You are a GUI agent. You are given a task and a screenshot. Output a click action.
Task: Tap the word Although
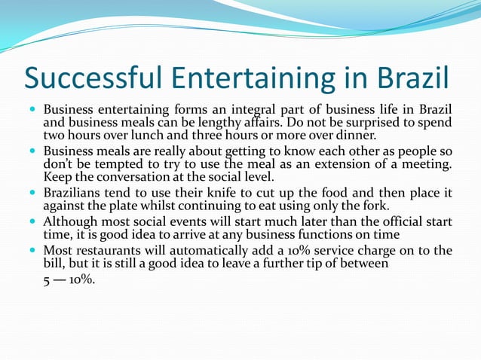[x=71, y=222]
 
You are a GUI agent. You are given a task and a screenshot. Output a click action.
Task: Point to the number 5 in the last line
[x=47, y=279]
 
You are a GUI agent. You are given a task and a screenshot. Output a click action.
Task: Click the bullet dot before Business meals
[x=32, y=151]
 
